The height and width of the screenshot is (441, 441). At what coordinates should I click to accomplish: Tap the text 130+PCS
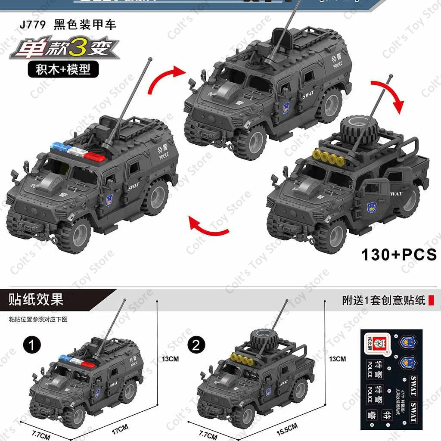pyautogui.click(x=399, y=255)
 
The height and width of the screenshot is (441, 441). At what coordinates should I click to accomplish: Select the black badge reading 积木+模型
pyautogui.click(x=63, y=69)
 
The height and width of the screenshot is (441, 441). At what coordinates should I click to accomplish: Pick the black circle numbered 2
pyautogui.click(x=196, y=345)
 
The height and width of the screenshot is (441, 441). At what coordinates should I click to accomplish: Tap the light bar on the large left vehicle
pyautogui.click(x=78, y=152)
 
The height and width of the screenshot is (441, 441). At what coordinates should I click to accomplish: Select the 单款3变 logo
pyautogui.click(x=64, y=51)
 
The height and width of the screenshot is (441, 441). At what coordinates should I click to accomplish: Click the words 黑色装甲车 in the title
pyautogui.click(x=85, y=24)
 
